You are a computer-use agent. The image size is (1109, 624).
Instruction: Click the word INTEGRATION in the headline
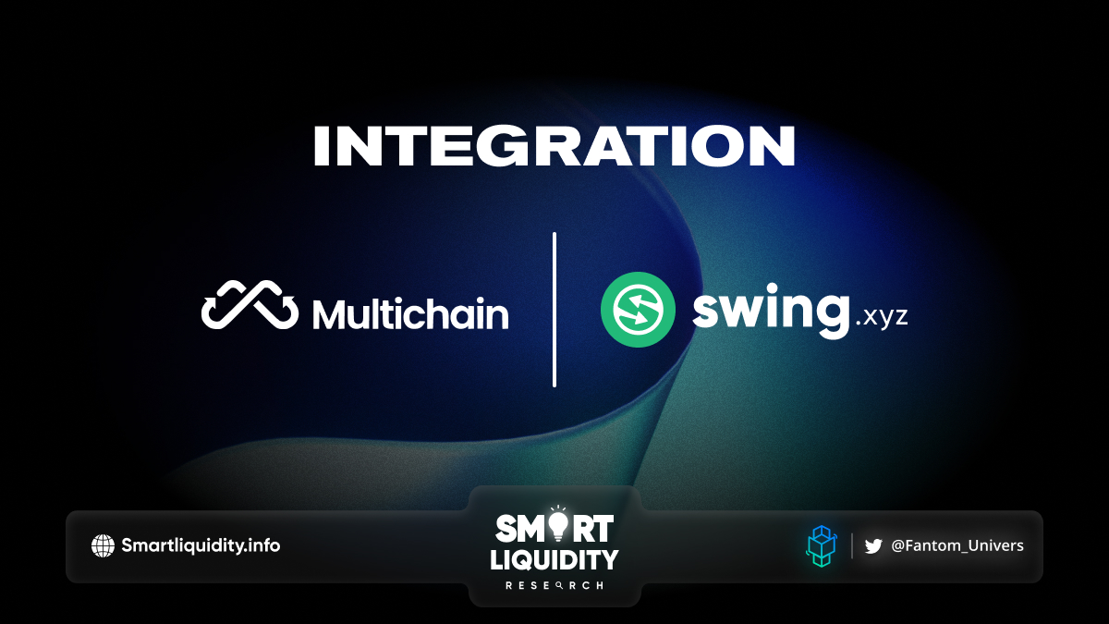click(554, 146)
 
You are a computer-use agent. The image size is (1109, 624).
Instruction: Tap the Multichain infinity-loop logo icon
click(250, 304)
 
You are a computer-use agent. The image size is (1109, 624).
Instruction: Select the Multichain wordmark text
click(410, 313)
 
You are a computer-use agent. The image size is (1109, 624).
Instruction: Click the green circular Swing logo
click(638, 310)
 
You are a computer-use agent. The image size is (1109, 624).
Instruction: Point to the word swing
click(772, 311)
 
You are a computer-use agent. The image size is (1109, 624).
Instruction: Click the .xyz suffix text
click(882, 316)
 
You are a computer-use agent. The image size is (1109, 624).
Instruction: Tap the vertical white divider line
click(554, 310)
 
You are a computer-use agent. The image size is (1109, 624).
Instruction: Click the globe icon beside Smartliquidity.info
click(103, 545)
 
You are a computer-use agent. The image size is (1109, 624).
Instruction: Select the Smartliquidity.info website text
click(201, 545)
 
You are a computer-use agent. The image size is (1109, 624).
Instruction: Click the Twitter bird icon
click(873, 546)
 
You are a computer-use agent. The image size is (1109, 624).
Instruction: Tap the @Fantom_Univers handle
click(957, 545)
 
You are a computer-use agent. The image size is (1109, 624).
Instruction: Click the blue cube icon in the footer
click(822, 546)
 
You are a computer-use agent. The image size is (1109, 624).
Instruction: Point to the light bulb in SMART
click(558, 523)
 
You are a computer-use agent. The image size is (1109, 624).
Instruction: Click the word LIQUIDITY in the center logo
click(554, 559)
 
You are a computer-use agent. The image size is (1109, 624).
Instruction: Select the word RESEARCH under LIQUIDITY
click(554, 585)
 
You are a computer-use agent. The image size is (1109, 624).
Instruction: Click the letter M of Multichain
click(331, 313)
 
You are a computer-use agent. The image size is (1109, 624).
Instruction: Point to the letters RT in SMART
click(592, 529)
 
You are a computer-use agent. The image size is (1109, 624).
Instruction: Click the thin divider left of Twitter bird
click(852, 545)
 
